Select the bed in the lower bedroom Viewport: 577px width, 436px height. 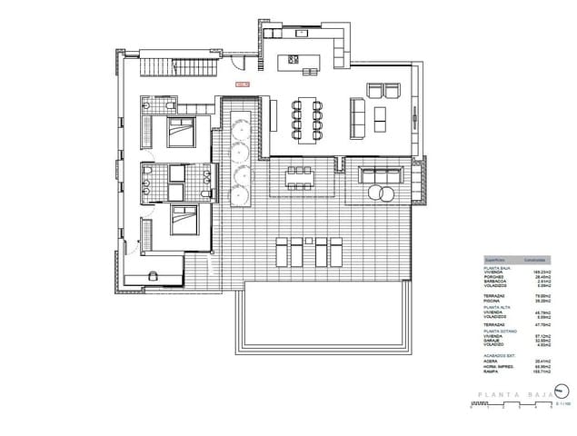pyautogui.click(x=184, y=221)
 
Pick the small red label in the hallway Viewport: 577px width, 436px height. pyautogui.click(x=242, y=84)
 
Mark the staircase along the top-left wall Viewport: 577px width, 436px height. pyautogui.click(x=182, y=68)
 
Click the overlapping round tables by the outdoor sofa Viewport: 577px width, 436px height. pyautogui.click(x=380, y=193)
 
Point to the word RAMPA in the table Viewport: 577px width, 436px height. pyautogui.click(x=492, y=372)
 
